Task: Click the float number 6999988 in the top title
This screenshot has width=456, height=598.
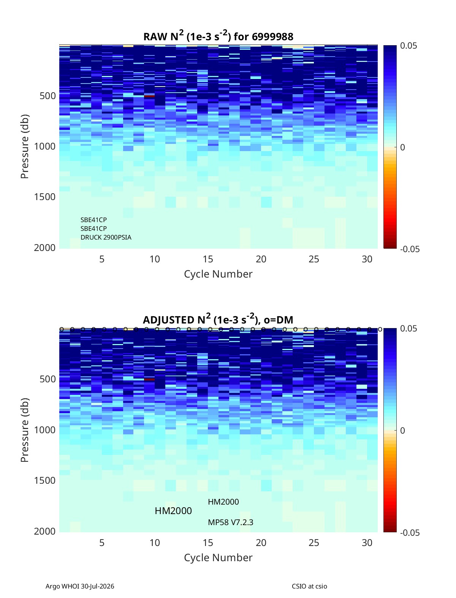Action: (272, 37)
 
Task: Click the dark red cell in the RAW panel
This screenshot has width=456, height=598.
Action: (149, 96)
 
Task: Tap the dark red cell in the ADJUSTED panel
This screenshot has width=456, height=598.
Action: (149, 379)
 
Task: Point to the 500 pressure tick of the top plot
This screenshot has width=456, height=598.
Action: (48, 96)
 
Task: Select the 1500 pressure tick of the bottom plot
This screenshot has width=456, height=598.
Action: (45, 480)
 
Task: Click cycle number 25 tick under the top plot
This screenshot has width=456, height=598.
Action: (314, 259)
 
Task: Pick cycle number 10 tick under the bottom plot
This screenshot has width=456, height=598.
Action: (155, 543)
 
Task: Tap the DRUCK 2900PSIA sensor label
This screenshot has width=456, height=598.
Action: (106, 237)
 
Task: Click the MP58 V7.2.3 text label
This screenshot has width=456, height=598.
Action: (230, 522)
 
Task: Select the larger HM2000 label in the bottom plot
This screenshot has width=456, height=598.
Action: (173, 511)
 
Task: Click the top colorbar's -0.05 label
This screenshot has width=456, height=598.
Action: (410, 249)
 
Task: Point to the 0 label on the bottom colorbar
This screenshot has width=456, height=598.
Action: (402, 431)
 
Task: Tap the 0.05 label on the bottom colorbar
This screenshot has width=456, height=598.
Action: (408, 328)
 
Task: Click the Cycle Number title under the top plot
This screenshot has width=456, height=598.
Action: (218, 274)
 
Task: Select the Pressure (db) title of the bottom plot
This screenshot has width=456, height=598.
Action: (25, 430)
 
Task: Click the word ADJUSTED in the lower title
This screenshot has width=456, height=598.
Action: (168, 320)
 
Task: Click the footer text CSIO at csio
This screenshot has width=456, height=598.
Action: (309, 586)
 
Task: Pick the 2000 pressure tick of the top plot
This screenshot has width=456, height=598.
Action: (45, 248)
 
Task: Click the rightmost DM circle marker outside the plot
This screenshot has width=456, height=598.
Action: (380, 330)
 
